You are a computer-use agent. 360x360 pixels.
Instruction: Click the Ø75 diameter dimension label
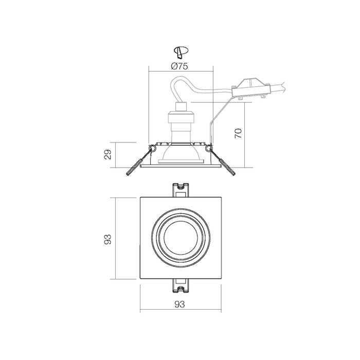[179, 66]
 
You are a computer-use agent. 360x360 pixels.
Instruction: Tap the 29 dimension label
[107, 154]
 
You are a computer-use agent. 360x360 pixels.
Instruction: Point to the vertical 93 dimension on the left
[107, 239]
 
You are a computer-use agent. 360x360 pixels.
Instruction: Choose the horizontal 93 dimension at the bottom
[179, 304]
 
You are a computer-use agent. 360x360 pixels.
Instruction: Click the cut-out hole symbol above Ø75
[180, 51]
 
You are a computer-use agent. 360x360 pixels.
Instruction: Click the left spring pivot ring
[152, 149]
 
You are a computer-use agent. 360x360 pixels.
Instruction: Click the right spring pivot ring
[208, 149]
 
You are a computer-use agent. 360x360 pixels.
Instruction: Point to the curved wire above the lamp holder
[180, 82]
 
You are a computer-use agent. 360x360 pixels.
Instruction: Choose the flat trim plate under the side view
[180, 166]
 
